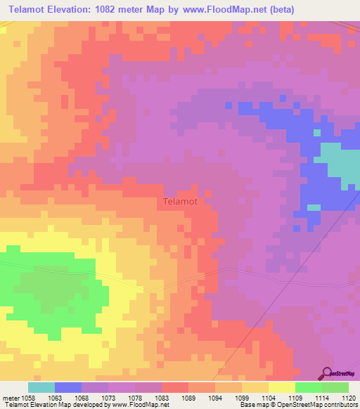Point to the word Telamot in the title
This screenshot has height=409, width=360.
coord(28,10)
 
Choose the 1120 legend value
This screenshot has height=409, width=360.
coord(349,397)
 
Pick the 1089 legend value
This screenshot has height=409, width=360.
coord(188,397)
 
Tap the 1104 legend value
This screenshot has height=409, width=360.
coord(269,397)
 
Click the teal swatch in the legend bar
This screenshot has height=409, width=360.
coord(41,387)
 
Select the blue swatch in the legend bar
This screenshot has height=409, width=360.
coord(68,387)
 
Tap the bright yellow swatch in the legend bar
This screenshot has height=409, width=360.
coord(282,387)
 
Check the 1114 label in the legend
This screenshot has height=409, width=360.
coord(322,397)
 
